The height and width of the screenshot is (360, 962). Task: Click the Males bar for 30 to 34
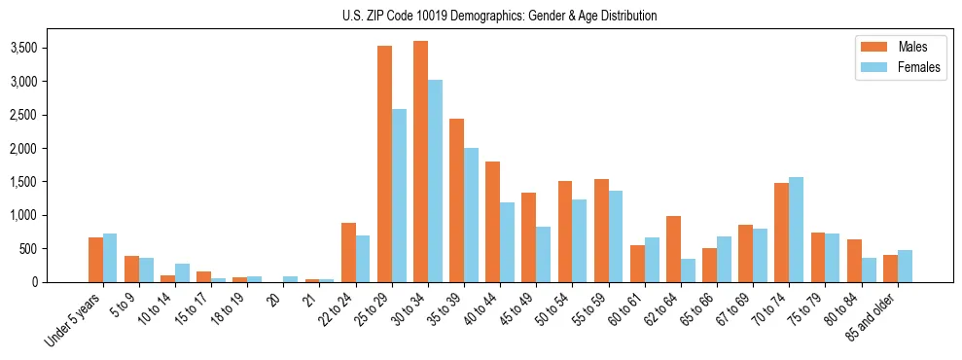[420, 162]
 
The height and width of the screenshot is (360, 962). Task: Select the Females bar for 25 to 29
[399, 196]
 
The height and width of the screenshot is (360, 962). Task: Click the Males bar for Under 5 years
[95, 260]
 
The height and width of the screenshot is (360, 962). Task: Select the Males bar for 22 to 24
[348, 253]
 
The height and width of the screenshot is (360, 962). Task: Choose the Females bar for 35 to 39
[471, 215]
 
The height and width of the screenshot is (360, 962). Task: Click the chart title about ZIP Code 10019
[499, 16]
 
